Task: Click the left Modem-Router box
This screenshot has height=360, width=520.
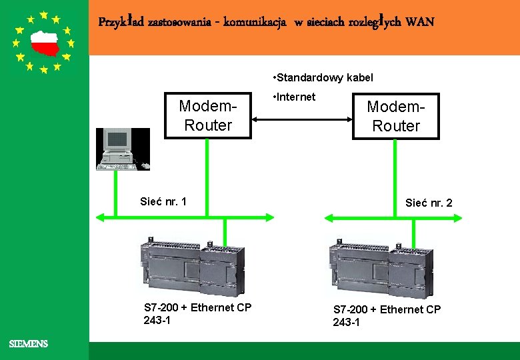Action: [208, 115]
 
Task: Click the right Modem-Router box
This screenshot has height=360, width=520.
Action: [396, 116]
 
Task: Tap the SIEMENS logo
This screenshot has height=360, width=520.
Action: [28, 344]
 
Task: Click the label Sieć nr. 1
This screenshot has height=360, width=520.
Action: [163, 201]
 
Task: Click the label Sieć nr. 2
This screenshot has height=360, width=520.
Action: [429, 203]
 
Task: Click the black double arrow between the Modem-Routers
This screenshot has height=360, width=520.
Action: [303, 119]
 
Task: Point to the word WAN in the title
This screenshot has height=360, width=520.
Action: [419, 22]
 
